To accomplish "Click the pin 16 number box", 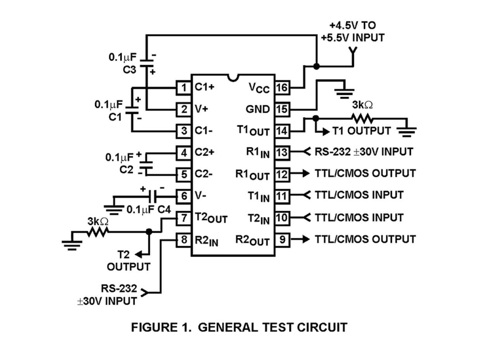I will point(283,88).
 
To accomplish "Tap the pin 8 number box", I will point(183,240).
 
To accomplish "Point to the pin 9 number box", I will point(283,239).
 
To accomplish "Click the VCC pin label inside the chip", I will point(259,88).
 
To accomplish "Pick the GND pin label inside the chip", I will point(258,110).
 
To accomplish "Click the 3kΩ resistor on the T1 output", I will point(362,118).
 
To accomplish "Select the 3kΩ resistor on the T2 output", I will point(98,232).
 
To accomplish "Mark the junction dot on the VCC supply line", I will point(316,66).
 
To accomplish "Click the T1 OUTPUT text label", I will point(361,131).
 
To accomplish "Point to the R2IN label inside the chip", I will point(207,241).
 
